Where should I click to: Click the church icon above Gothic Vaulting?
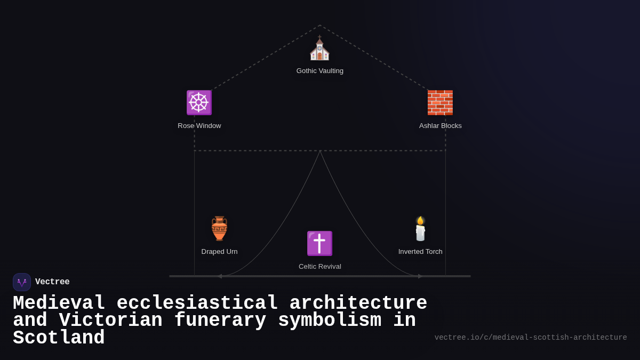pyautogui.click(x=319, y=49)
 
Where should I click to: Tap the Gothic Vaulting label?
pyautogui.click(x=320, y=71)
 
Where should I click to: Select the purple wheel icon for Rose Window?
pyautogui.click(x=199, y=102)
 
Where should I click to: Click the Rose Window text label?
pyautogui.click(x=199, y=126)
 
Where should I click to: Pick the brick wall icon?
pyautogui.click(x=440, y=102)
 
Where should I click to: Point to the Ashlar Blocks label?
pyautogui.click(x=441, y=126)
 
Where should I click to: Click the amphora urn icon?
pyautogui.click(x=219, y=228)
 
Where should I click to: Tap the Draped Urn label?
pyautogui.click(x=219, y=252)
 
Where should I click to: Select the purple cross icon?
pyautogui.click(x=319, y=243)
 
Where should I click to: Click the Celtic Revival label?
pyautogui.click(x=320, y=267)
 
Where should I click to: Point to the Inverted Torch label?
pyautogui.click(x=420, y=252)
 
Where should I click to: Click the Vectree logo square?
pyautogui.click(x=22, y=282)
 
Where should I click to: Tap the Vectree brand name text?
pyautogui.click(x=52, y=282)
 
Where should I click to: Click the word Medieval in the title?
pyautogui.click(x=59, y=303)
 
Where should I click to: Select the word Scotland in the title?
pyautogui.click(x=59, y=338)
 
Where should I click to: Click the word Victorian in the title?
pyautogui.click(x=110, y=321)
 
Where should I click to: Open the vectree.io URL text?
pyautogui.click(x=531, y=338)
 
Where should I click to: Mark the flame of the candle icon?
pyautogui.click(x=420, y=220)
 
